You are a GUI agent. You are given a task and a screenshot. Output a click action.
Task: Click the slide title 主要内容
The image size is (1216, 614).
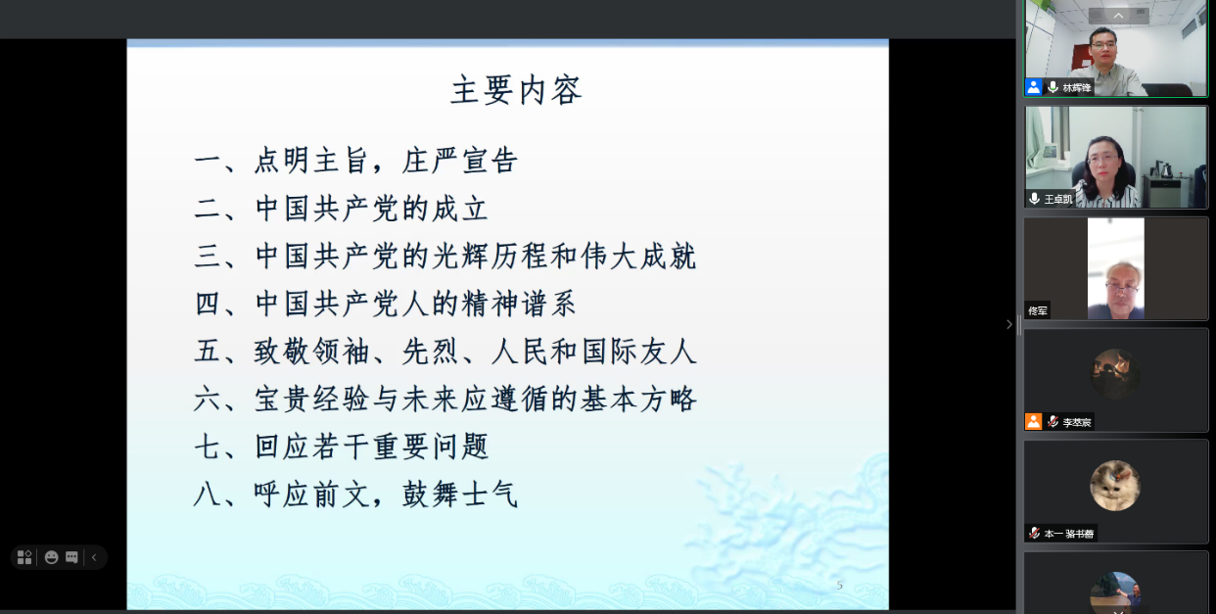point(517,90)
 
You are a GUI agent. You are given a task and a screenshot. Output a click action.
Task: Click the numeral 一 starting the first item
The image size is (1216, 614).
point(208,162)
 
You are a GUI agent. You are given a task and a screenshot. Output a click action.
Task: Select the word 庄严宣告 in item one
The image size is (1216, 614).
point(460,161)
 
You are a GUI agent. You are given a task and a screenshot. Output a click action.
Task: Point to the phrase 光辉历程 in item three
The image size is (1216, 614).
point(490,257)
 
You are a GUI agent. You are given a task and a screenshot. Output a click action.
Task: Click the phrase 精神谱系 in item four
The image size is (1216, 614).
point(519,304)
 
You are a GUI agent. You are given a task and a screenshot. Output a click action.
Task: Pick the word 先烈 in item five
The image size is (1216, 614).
point(431,352)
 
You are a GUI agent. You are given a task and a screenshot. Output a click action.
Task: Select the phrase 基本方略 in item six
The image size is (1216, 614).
point(638,400)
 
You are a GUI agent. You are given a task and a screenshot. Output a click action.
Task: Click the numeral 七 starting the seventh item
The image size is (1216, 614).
point(208,447)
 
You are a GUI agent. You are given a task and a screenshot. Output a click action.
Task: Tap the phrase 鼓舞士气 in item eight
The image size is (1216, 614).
point(460,495)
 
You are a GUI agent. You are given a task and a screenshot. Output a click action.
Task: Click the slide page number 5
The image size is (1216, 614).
point(840,586)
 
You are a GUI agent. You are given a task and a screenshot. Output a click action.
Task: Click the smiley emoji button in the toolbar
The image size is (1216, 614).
point(52,557)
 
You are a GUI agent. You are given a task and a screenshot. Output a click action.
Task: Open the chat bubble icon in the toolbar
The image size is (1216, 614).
point(71,557)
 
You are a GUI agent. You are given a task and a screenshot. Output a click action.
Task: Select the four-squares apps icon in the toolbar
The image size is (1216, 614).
point(24,557)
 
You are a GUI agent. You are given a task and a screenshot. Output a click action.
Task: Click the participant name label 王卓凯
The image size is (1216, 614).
point(1058,199)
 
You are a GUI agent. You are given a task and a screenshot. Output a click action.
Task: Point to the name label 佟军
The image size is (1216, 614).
point(1038,311)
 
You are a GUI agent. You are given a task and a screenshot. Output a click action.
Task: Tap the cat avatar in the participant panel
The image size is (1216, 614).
point(1115,486)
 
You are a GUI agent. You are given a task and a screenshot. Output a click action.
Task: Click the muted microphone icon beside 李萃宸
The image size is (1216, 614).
point(1053,422)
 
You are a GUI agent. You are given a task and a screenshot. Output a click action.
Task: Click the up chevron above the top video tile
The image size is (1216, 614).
point(1118,16)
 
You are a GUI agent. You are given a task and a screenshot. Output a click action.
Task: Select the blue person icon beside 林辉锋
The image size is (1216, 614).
point(1034,87)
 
